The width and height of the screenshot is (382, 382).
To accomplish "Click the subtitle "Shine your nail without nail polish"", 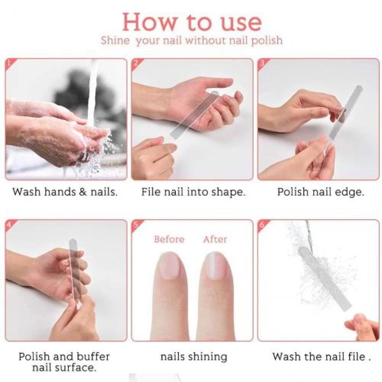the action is click(x=192, y=40).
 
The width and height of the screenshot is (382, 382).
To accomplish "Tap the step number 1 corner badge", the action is click(x=10, y=64).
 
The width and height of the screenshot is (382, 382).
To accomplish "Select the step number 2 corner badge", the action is click(x=136, y=64).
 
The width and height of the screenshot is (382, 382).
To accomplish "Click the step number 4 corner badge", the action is click(x=10, y=225).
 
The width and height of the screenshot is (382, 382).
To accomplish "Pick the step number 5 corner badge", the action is click(x=136, y=225).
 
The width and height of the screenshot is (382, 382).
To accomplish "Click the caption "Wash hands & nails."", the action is click(x=65, y=192).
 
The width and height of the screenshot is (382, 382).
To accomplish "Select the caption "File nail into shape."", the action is click(x=193, y=192).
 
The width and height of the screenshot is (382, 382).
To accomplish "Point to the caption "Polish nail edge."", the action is click(x=320, y=192).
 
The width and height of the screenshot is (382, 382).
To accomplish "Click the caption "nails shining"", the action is click(x=194, y=357).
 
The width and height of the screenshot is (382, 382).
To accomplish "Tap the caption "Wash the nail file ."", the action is click(x=321, y=357).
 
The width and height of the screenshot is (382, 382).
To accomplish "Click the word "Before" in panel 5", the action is click(x=169, y=239).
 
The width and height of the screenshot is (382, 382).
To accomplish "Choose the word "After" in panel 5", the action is click(x=215, y=239).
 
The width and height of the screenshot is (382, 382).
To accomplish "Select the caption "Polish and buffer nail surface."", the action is click(x=64, y=362).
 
